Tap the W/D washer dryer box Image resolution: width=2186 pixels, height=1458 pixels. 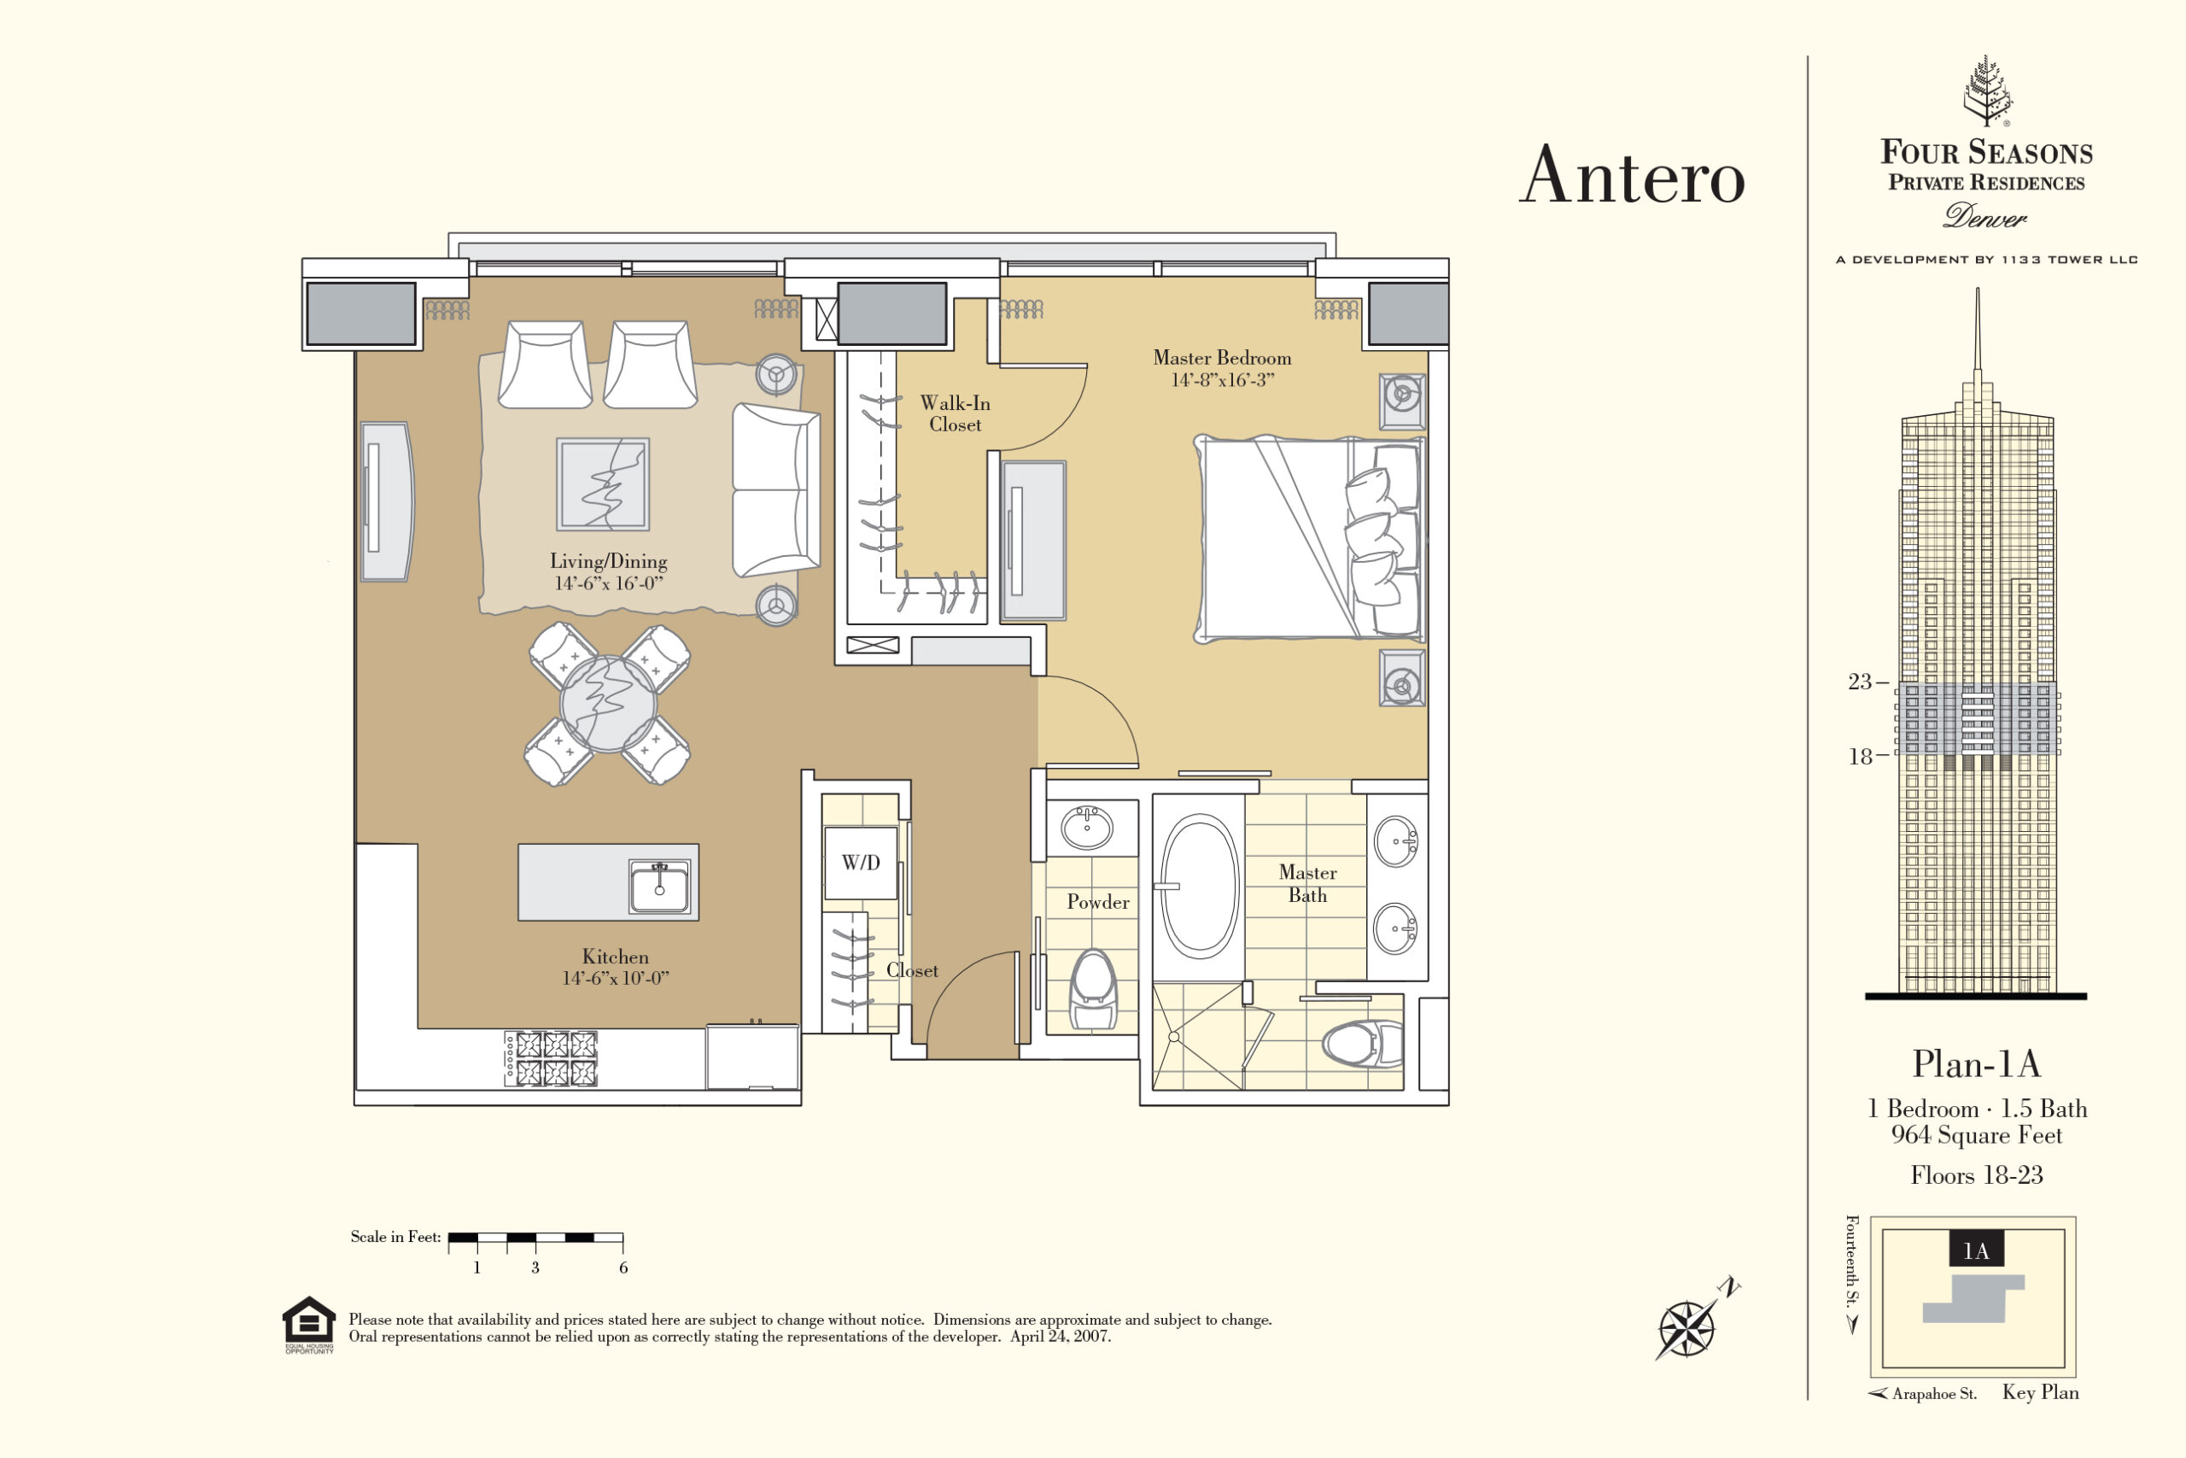point(861,862)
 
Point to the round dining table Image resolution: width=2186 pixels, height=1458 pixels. point(609,704)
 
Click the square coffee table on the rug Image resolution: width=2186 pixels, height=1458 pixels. point(603,484)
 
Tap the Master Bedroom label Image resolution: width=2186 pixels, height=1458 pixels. point(1222,358)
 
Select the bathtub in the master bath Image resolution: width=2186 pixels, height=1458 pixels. point(1199,887)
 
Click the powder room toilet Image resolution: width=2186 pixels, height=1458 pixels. point(1093,989)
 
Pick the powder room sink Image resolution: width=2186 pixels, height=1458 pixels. point(1087,827)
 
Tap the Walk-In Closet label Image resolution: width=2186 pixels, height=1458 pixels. point(956,413)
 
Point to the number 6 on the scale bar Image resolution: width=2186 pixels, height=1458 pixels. point(623,1268)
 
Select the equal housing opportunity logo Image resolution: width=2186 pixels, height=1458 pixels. point(308,1325)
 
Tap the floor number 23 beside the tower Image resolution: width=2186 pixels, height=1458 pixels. point(1860,682)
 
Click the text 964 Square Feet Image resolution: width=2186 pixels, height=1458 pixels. point(1977,1135)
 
